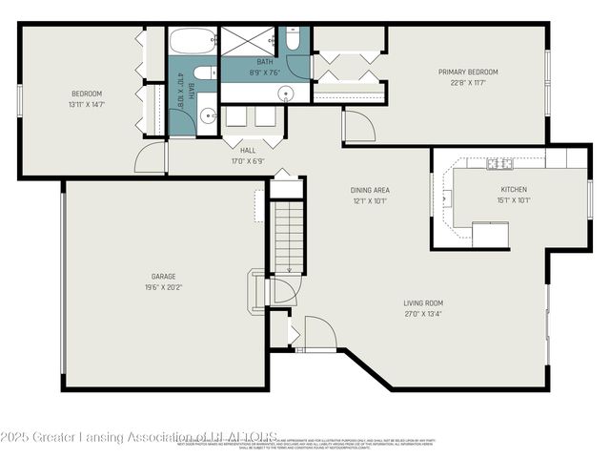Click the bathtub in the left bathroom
[x=193, y=43]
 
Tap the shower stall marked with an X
[x=252, y=43]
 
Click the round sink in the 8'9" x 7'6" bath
[x=286, y=93]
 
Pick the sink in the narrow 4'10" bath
[x=209, y=117]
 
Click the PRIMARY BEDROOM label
[x=468, y=72]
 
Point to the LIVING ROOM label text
[x=422, y=302]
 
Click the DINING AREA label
[x=370, y=190]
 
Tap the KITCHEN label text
[x=513, y=190]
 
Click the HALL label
[x=248, y=150]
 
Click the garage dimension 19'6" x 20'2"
[x=164, y=286]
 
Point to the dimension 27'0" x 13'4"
[x=422, y=313]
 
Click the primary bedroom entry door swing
[x=358, y=127]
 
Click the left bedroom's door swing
[x=151, y=158]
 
